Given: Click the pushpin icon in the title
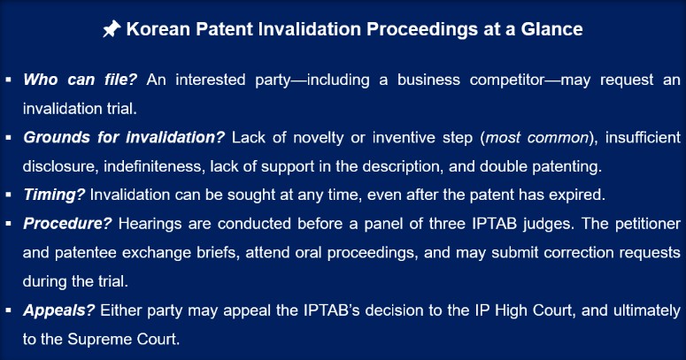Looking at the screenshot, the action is click(x=112, y=29).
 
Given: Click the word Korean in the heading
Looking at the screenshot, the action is click(x=158, y=29).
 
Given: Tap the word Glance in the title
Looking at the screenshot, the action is click(x=551, y=29).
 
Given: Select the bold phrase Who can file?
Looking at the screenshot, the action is click(x=80, y=80).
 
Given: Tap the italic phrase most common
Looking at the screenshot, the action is click(x=537, y=137).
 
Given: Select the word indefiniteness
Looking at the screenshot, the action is click(x=154, y=166).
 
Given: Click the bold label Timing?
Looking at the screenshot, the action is click(x=54, y=195).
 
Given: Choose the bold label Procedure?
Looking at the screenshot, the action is click(x=67, y=224).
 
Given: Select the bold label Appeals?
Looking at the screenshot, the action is click(x=58, y=310).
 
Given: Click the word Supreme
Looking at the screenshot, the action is click(x=93, y=339).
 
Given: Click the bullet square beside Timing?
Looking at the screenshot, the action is click(x=8, y=195).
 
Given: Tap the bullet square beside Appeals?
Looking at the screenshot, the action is click(x=8, y=310).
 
